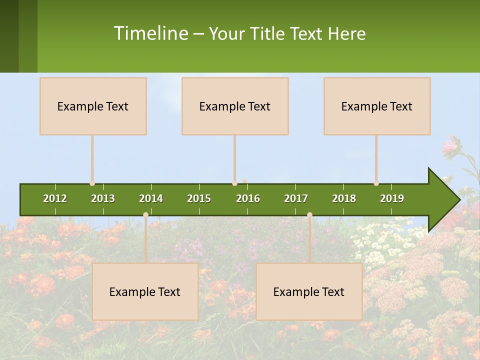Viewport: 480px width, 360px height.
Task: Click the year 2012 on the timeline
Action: coord(55,198)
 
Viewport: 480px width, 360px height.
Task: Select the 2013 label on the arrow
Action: coord(103,198)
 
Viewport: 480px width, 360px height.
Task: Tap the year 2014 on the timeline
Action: coord(151,198)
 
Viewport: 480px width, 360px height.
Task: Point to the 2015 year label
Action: coord(199,198)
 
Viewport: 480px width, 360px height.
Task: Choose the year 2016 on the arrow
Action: coord(248,198)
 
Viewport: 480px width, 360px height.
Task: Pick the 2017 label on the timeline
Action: coord(296,198)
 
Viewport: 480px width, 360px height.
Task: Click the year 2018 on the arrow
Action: coord(344,198)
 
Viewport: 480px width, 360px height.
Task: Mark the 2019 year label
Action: coord(392,198)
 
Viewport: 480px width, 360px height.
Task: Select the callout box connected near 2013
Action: coord(93,106)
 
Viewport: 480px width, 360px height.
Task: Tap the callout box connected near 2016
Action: coord(235,106)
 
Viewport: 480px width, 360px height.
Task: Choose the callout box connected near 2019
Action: coord(377,106)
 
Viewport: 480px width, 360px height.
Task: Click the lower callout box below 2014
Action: coord(145,291)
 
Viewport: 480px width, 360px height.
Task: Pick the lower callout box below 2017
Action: coord(309,291)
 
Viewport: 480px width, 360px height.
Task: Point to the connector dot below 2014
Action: coord(145,215)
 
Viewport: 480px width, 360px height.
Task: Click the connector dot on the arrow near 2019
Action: coord(376,183)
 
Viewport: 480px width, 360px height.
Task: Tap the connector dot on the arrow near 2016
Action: coord(234,183)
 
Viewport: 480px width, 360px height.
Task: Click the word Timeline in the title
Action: coord(150,33)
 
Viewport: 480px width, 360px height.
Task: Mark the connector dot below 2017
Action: coord(309,215)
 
